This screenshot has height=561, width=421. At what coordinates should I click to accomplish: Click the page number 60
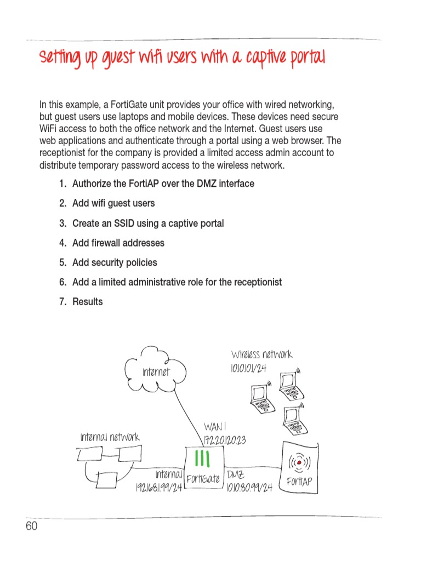click(x=32, y=526)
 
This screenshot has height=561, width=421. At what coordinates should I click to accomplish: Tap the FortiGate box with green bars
click(x=203, y=469)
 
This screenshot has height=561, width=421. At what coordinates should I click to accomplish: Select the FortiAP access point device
click(x=299, y=470)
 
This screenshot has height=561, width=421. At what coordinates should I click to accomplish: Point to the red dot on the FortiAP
click(x=299, y=463)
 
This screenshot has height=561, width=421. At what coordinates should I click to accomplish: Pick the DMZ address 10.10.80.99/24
click(x=249, y=487)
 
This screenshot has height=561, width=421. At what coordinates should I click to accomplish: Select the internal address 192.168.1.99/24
click(x=158, y=487)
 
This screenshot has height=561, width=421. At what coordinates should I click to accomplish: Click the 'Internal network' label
click(x=110, y=437)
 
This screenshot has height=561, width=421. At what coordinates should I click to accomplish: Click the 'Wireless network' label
click(x=261, y=354)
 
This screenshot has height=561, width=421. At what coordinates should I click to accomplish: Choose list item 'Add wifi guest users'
click(x=113, y=203)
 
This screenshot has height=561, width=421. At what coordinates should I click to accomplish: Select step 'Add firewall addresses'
click(x=118, y=243)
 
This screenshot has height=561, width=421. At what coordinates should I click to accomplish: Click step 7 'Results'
click(x=87, y=302)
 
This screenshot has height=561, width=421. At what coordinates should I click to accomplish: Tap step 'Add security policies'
click(x=115, y=262)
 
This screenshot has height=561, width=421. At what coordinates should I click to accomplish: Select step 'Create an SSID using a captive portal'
click(x=147, y=223)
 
